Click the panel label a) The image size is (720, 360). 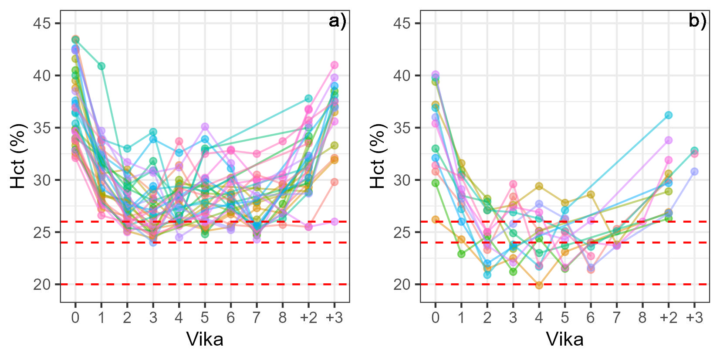338,21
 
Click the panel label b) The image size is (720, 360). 697,21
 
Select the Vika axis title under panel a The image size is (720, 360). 205,339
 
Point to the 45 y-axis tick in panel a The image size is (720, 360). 42,23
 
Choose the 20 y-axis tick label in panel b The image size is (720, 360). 402,285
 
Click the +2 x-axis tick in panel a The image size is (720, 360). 308,317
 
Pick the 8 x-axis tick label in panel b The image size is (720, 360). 642,317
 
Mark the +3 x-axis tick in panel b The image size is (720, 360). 694,317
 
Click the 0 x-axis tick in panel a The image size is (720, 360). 75,317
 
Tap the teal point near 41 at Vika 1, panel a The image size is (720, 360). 101,66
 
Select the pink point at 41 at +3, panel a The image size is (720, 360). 335,65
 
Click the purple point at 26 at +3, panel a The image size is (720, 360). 335,221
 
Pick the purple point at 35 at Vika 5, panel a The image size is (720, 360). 205,127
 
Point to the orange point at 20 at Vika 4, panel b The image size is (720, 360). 539,285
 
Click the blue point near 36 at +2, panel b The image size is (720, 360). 668,115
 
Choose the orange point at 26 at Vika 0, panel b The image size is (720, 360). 435,220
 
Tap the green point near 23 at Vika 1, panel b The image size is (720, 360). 461,254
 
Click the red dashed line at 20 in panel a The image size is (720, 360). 205,284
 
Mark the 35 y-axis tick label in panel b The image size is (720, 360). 402,128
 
